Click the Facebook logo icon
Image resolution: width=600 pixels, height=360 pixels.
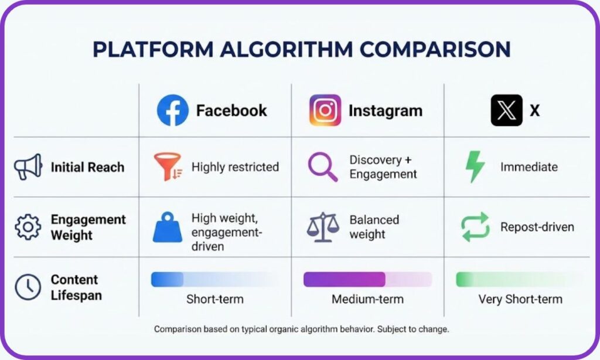tap(172, 110)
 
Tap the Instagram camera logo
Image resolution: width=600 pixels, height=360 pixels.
tap(325, 110)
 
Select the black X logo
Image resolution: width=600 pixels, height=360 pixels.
tap(506, 110)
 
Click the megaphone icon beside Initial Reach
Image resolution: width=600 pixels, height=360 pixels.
tap(28, 167)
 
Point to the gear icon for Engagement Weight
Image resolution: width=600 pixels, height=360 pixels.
tap(28, 227)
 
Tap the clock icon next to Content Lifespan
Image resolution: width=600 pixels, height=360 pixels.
tap(28, 287)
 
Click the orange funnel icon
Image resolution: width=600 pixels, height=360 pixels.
tap(168, 167)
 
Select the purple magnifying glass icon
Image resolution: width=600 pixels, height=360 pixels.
tap(322, 167)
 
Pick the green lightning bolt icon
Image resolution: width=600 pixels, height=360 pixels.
tap(475, 167)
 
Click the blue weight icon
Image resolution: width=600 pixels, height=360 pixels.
tap(167, 227)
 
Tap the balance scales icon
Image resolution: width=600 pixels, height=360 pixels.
tap(323, 227)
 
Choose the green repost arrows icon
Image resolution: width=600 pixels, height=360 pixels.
tap(475, 227)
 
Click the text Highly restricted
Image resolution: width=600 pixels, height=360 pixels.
tap(235, 167)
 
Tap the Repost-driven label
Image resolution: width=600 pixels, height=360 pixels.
tap(537, 227)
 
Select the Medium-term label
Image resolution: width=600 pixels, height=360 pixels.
tap(367, 299)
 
